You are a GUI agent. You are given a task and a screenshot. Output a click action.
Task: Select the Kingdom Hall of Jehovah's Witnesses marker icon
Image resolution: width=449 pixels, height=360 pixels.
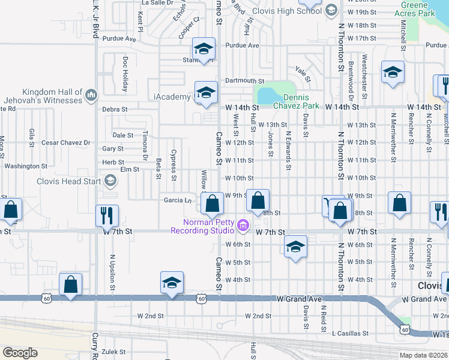[x=91, y=94]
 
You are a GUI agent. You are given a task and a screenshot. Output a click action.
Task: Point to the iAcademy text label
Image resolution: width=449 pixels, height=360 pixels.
[x=172, y=96]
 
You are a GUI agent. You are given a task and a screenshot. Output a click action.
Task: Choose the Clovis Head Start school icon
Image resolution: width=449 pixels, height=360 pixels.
[x=110, y=180]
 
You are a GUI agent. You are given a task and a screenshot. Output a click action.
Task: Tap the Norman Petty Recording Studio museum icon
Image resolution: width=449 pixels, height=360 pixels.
[x=243, y=226]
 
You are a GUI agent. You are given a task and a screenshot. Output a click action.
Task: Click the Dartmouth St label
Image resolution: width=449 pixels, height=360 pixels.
[x=244, y=80]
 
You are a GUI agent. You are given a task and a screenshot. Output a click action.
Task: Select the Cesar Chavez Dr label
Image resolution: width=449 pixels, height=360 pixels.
[x=65, y=143]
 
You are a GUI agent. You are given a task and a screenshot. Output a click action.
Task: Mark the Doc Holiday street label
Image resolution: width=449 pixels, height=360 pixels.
[x=125, y=74]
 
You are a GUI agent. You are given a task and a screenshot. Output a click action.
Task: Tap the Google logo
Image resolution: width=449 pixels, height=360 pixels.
[x=20, y=352]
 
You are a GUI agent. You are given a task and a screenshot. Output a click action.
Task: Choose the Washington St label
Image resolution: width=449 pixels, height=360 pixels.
[x=26, y=166]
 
